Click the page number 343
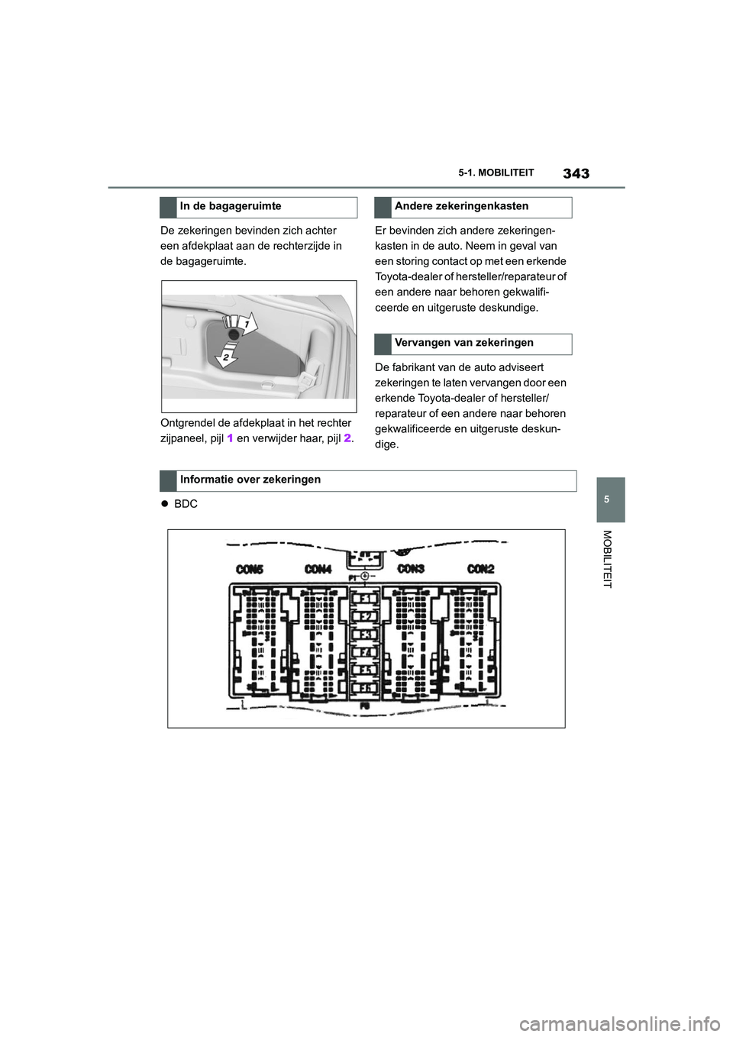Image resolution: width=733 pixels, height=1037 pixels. tap(576, 173)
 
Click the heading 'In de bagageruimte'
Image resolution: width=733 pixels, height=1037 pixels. tap(231, 206)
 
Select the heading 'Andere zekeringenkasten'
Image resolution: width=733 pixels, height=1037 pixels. tap(461, 206)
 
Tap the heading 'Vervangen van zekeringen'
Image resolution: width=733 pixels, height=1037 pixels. tap(463, 343)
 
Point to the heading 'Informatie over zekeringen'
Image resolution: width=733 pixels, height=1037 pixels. tap(250, 480)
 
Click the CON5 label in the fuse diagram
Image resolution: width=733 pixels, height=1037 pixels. tap(250, 569)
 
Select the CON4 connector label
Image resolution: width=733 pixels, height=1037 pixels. tap(318, 569)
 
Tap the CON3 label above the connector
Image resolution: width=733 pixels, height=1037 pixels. tap(411, 569)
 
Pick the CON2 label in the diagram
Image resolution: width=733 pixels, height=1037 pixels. tap(480, 569)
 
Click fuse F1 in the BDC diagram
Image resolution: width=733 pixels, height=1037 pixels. tap(366, 599)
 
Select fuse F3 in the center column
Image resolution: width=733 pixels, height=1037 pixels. tap(366, 635)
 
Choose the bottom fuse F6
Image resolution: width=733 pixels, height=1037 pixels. tap(366, 688)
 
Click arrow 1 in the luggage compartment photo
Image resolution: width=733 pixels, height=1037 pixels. tap(246, 324)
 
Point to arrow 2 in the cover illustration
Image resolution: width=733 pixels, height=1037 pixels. tap(226, 355)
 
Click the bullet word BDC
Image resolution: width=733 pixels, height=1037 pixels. tap(186, 504)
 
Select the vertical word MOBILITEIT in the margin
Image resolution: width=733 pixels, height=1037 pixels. tap(608, 559)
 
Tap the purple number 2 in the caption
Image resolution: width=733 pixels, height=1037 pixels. tap(347, 438)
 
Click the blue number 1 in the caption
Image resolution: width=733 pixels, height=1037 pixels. tap(230, 438)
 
